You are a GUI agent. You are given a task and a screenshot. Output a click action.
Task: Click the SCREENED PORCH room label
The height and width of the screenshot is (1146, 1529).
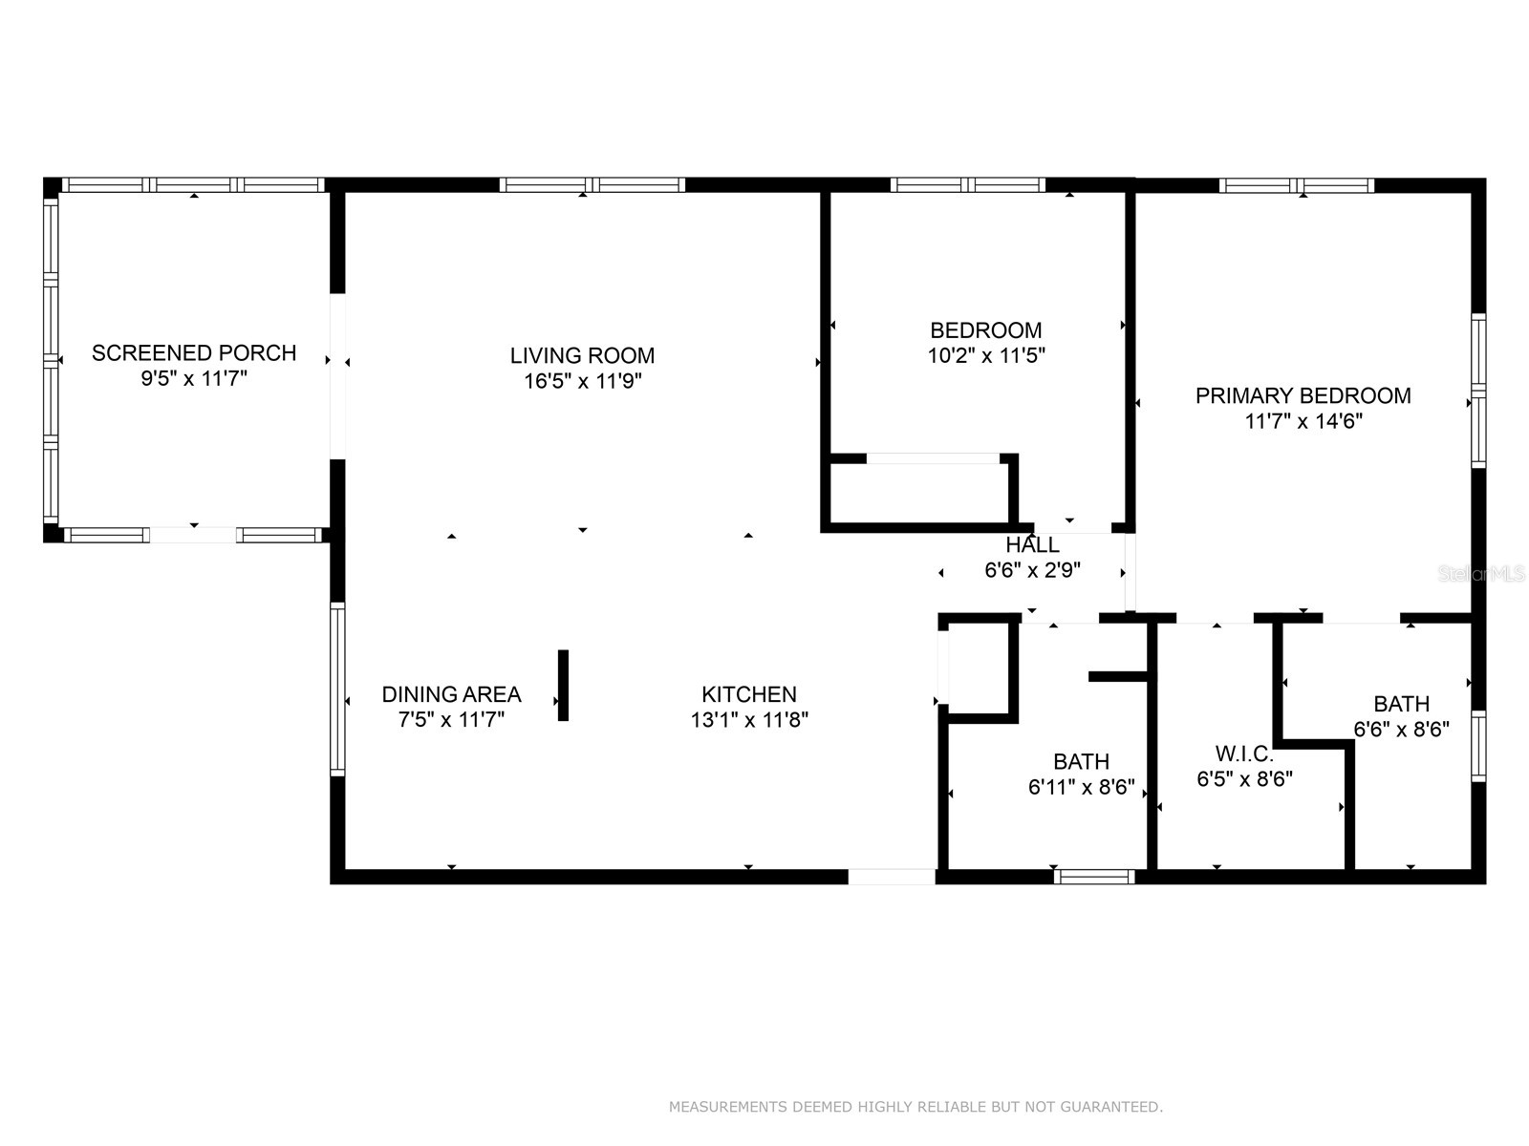(x=194, y=353)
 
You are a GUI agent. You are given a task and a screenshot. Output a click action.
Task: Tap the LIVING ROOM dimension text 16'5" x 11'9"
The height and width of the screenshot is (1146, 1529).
(x=582, y=381)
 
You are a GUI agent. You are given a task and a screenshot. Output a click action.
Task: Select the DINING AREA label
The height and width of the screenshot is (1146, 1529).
(x=451, y=694)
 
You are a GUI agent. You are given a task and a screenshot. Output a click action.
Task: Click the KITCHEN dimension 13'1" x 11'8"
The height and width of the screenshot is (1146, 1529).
(x=749, y=720)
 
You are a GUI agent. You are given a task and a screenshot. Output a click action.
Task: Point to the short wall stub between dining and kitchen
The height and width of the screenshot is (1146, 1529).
(x=563, y=685)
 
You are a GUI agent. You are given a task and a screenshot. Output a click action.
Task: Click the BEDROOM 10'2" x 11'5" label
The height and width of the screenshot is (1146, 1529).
(x=986, y=331)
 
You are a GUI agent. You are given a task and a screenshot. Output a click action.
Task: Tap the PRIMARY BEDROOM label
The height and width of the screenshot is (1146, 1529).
(x=1303, y=395)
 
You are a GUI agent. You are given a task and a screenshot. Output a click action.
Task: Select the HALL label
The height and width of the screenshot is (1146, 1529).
(x=1032, y=545)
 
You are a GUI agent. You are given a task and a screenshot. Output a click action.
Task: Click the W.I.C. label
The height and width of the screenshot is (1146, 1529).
(x=1244, y=753)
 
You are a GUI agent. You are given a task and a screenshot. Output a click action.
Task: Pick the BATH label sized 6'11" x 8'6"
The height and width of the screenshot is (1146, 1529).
(x=1081, y=762)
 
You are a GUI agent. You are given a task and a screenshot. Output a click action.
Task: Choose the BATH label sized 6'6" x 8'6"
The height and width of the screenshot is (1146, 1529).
(x=1401, y=705)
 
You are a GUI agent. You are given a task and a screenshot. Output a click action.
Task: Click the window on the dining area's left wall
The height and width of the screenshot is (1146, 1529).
(x=337, y=688)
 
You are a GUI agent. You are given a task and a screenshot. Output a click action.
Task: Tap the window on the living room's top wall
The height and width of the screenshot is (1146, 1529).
(x=592, y=184)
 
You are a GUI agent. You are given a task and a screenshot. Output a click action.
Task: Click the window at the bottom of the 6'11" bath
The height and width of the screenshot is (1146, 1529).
(x=1094, y=876)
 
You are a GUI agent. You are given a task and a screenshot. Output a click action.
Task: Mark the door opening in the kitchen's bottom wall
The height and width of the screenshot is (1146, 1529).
(x=891, y=876)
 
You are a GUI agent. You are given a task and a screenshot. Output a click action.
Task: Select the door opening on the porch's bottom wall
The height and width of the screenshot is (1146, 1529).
(x=193, y=535)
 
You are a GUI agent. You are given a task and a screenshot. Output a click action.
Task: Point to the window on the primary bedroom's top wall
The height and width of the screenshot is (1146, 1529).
(x=1296, y=185)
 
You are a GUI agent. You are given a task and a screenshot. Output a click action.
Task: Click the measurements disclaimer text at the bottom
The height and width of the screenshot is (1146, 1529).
(x=915, y=1107)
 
